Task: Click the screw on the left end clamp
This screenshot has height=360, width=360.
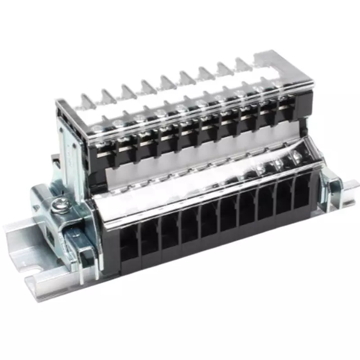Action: [58, 206]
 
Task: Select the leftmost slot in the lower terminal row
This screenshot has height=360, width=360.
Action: [129, 245]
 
